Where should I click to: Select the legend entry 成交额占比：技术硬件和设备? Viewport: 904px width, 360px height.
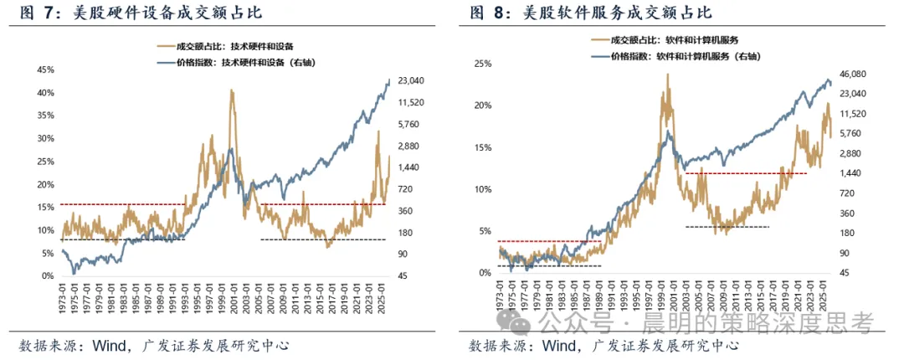pos(229,45)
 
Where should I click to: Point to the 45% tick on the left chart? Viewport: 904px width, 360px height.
pos(45,69)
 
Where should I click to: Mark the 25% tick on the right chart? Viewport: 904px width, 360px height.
pos(483,64)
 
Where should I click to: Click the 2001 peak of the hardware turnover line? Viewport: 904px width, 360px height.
pos(231,90)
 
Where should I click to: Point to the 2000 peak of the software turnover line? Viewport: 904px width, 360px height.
pos(668,75)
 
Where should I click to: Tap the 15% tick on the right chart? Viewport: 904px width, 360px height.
pos(483,147)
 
